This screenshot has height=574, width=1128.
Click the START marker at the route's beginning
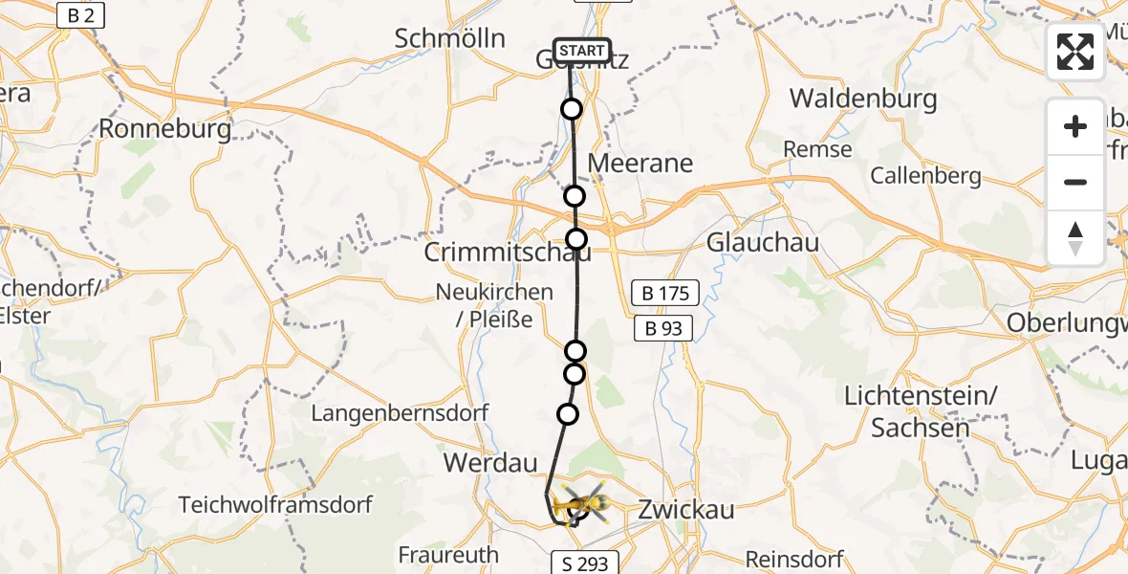(x=581, y=51)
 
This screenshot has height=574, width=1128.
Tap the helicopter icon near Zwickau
(x=579, y=503)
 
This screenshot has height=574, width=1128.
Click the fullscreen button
(x=1075, y=52)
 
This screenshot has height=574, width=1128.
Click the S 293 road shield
(x=585, y=563)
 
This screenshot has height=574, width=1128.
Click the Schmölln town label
(x=449, y=38)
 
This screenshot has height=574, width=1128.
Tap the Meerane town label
(x=640, y=163)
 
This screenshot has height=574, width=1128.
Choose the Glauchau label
(x=763, y=243)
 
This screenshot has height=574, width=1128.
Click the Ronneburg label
(x=165, y=128)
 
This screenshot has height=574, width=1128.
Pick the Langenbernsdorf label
(x=400, y=413)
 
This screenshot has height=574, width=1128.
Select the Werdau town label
(x=486, y=463)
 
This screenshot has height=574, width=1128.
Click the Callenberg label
(x=925, y=175)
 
